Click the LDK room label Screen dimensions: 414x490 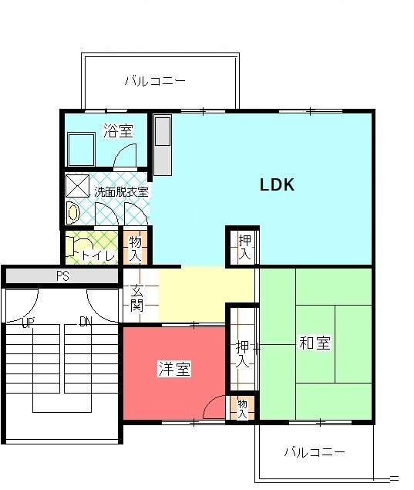point(277,184)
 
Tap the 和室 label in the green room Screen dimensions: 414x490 point(315,343)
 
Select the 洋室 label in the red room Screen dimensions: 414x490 point(174,369)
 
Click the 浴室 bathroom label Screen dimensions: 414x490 point(118,130)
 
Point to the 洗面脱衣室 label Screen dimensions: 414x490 point(121,192)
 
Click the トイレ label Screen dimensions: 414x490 point(98,255)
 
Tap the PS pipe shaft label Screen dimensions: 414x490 point(62,276)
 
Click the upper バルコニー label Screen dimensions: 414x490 point(155,81)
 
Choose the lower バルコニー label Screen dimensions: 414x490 point(315,452)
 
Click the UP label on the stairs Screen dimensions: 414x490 point(28,323)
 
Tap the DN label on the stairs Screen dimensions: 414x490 point(86,322)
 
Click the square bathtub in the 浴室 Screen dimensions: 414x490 point(81,150)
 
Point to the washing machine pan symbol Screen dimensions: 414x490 point(77,186)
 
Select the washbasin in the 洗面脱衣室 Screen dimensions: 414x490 point(73,213)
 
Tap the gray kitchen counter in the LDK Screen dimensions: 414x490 point(163,145)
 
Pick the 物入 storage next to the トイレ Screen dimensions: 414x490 point(135,248)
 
